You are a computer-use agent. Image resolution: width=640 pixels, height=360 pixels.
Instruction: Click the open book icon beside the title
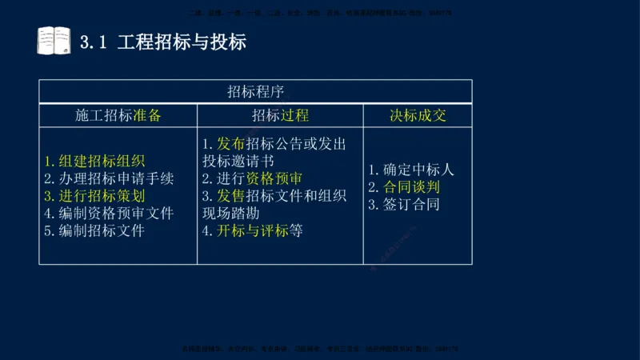pyautogui.click(x=54, y=40)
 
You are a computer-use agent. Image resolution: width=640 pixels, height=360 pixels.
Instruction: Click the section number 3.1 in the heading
pyautogui.click(x=94, y=42)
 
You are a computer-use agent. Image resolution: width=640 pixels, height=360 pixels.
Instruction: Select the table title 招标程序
pyautogui.click(x=256, y=91)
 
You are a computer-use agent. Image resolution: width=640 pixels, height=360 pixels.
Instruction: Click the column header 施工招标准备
pyautogui.click(x=118, y=115)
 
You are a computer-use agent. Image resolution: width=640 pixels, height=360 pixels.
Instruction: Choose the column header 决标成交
pyautogui.click(x=418, y=115)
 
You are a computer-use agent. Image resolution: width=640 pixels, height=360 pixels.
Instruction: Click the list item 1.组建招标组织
pyautogui.click(x=94, y=162)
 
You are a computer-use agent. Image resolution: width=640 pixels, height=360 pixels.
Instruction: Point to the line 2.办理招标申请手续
pyautogui.click(x=109, y=178)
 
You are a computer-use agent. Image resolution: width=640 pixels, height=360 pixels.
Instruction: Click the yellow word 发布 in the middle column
pyautogui.click(x=231, y=144)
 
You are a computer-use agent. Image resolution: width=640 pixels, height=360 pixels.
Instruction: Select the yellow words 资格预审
pyautogui.click(x=274, y=178)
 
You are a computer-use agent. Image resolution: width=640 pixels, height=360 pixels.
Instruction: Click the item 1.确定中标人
pyautogui.click(x=411, y=170)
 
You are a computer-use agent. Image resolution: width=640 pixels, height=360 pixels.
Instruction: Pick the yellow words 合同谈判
pyautogui.click(x=412, y=187)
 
